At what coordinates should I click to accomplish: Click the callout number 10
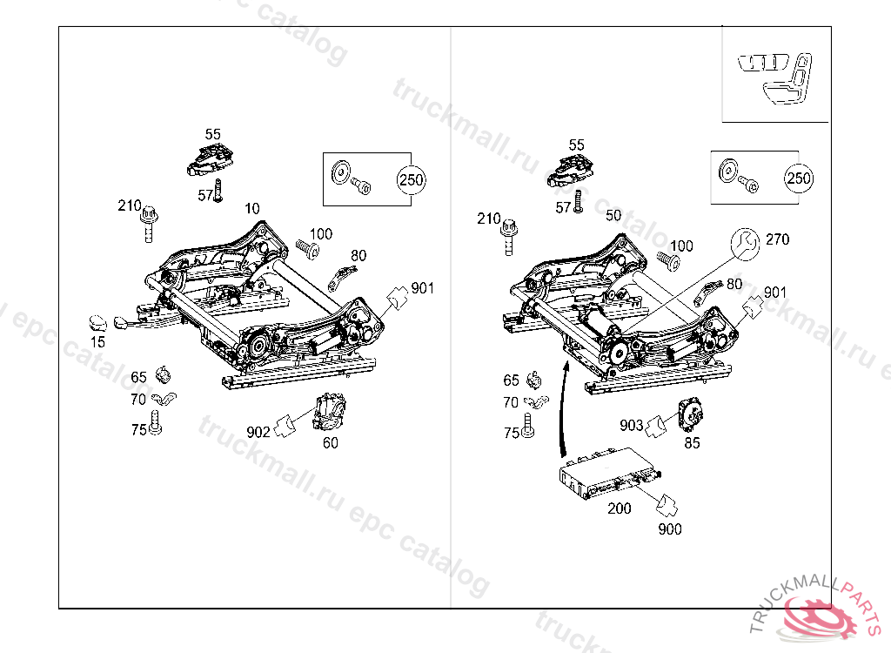252,209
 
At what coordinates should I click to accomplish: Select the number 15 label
97,342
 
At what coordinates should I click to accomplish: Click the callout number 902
258,431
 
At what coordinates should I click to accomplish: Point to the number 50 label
613,215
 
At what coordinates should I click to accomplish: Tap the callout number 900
670,528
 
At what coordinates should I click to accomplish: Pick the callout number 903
632,425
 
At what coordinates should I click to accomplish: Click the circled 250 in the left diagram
411,181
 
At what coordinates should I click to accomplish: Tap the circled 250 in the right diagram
798,178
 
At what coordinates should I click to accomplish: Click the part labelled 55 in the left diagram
211,158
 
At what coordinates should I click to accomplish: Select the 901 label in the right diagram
774,293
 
